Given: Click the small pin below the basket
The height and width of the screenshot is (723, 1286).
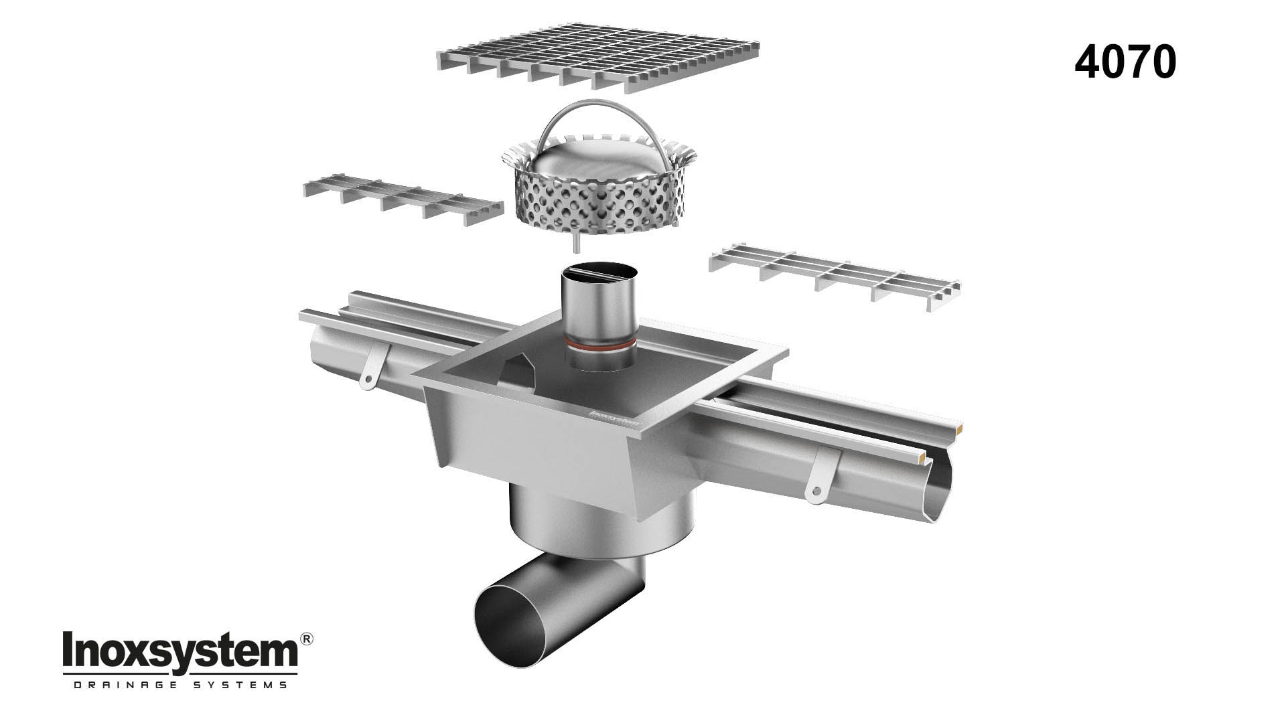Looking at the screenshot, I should pyautogui.click(x=575, y=245).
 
